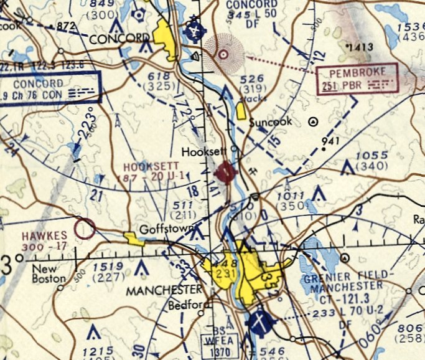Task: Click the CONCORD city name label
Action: (x=116, y=39)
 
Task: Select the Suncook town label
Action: (x=270, y=122)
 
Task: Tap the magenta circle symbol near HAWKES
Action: (x=84, y=229)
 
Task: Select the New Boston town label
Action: (x=48, y=274)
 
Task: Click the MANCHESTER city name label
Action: (x=164, y=290)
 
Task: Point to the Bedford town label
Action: (x=185, y=306)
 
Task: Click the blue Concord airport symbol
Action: (x=195, y=29)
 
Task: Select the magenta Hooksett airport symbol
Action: (x=225, y=171)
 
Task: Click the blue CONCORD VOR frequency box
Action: (x=49, y=88)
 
